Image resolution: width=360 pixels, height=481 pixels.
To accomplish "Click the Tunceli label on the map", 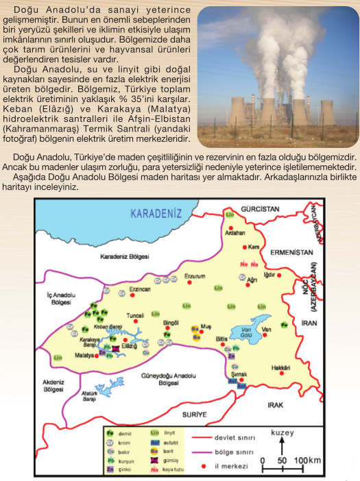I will click(x=136, y=315).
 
